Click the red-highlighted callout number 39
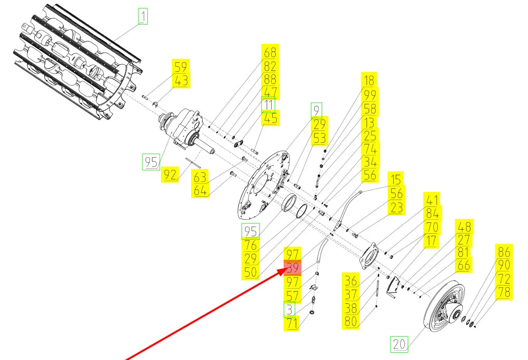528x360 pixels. click(293, 267)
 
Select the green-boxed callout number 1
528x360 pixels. click(143, 17)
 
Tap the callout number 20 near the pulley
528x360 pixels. click(399, 344)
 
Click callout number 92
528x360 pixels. click(170, 175)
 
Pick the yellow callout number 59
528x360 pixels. click(180, 67)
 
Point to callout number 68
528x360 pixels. click(270, 52)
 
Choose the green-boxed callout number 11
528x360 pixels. click(268, 105)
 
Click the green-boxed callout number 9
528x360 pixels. click(316, 110)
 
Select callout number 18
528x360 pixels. click(369, 80)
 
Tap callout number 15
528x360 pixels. click(396, 179)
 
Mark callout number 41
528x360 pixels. click(432, 200)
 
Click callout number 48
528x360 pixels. click(464, 227)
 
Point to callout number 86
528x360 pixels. click(504, 252)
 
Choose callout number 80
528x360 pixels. click(350, 321)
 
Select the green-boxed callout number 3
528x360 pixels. click(289, 309)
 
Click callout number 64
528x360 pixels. click(200, 190)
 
